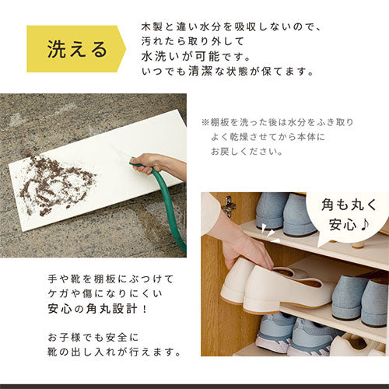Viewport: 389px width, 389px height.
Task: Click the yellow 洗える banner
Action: (x=75, y=49)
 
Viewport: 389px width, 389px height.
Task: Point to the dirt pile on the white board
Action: (x=56, y=184)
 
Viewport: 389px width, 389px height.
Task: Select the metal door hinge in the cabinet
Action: (x=229, y=206)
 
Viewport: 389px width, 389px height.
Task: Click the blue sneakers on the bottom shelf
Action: (x=293, y=333)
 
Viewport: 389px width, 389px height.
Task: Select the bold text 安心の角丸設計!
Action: (x=98, y=309)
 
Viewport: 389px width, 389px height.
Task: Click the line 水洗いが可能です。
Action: (x=196, y=56)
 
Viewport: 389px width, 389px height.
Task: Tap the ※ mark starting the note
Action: (x=205, y=122)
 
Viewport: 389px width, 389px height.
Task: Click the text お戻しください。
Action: (x=247, y=152)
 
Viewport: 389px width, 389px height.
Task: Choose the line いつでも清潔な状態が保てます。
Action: (x=228, y=72)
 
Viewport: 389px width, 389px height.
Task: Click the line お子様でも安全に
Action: (x=93, y=338)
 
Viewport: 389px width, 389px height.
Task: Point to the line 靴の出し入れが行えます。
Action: (x=114, y=352)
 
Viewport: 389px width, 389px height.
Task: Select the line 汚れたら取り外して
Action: (x=193, y=41)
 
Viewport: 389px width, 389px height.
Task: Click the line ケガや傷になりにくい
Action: (x=105, y=294)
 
